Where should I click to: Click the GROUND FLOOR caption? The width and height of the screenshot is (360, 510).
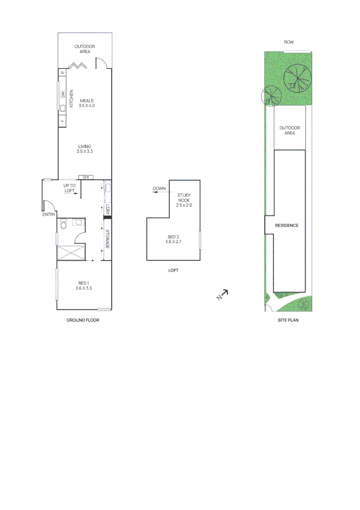(x=83, y=320)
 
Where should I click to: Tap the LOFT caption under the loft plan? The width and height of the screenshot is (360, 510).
(x=173, y=271)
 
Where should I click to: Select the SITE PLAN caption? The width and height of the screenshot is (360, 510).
(x=288, y=320)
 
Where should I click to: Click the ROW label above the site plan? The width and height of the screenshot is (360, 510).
(x=289, y=42)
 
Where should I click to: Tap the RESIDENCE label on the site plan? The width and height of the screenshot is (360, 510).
(x=287, y=226)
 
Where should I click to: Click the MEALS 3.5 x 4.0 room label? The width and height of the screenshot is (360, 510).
(x=87, y=103)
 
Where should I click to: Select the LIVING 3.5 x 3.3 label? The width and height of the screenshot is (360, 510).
(x=85, y=149)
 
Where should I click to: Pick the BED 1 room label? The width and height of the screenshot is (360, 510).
(x=84, y=285)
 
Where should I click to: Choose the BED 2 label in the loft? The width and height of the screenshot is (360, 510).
(x=173, y=239)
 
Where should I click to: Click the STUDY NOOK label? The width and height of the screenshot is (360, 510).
(x=184, y=200)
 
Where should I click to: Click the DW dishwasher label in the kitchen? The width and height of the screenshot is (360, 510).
(x=62, y=95)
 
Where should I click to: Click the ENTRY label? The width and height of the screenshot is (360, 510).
(x=49, y=214)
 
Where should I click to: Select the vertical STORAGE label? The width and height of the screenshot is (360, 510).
(x=108, y=239)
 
